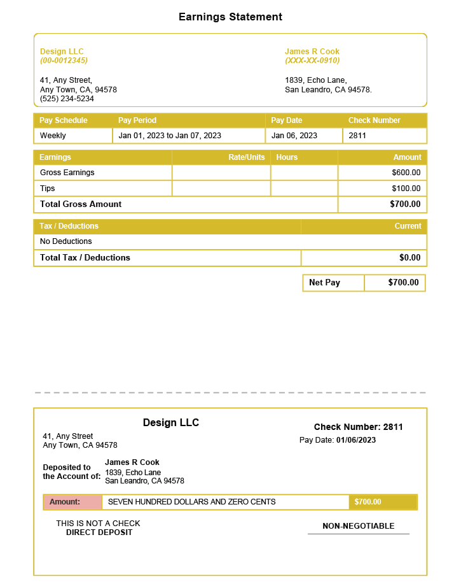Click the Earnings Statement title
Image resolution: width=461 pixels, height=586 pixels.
(230, 17)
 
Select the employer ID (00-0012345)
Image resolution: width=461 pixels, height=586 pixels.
(64, 61)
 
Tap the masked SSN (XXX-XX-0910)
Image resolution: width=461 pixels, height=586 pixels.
(312, 61)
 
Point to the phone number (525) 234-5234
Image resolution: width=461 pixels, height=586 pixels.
(67, 99)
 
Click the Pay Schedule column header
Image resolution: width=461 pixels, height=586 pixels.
(64, 120)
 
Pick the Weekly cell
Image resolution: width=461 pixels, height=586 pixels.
(53, 136)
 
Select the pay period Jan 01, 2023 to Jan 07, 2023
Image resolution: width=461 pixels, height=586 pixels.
(170, 136)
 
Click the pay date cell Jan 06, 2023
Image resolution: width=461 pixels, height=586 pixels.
(294, 136)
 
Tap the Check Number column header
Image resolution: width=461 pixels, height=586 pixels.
(374, 120)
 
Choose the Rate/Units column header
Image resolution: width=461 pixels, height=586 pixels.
(247, 157)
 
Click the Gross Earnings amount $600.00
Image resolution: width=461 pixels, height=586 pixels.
(406, 173)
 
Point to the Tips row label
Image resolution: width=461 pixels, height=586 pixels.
(48, 189)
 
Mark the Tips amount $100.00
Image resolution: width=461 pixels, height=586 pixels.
(406, 189)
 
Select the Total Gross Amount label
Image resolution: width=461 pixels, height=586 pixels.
(81, 204)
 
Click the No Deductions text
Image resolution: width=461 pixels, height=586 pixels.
(66, 241)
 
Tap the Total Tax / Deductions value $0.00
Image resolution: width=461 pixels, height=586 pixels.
(409, 258)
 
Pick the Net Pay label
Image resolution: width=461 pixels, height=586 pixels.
(324, 283)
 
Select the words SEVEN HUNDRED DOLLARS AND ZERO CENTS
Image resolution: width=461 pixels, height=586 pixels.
(192, 502)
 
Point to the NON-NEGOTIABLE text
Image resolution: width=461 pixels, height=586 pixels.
(359, 526)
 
